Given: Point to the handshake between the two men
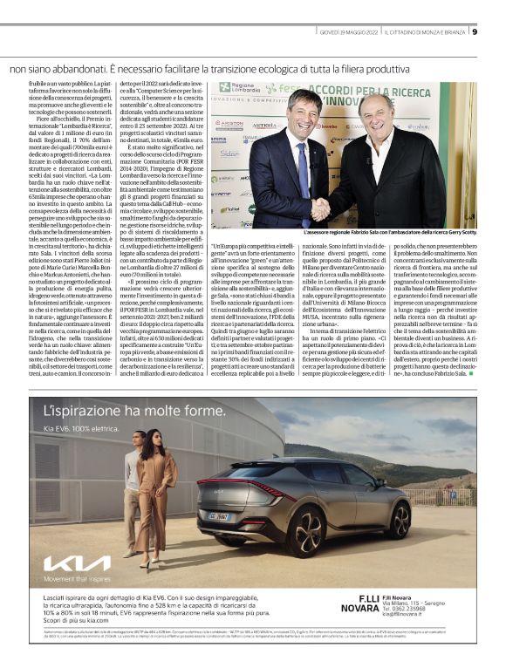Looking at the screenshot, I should click(321, 208).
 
